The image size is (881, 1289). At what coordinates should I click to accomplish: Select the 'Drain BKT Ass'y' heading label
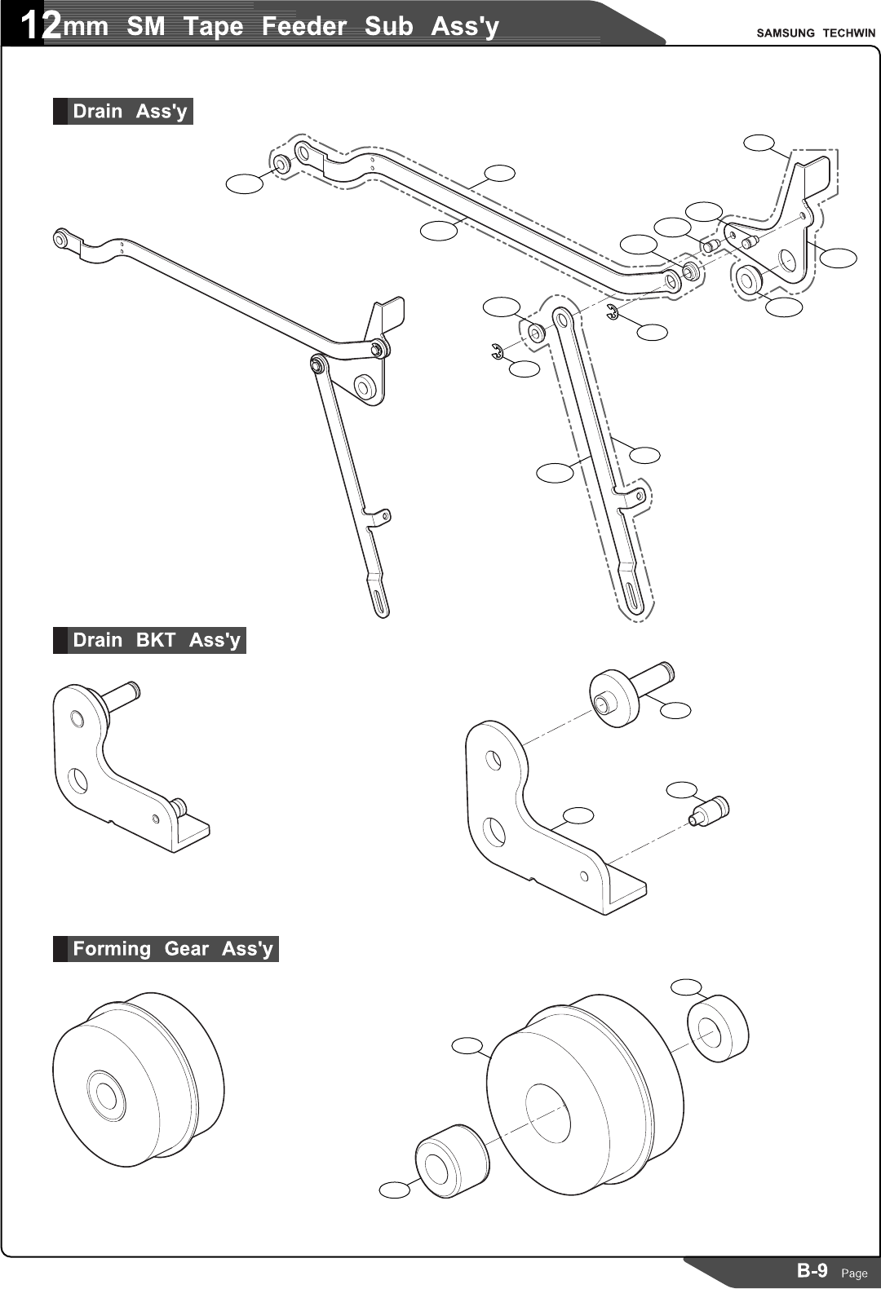pos(156,640)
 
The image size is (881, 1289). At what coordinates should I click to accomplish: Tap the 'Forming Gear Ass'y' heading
pos(172,948)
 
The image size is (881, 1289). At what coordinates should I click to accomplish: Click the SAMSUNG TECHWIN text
pos(815,33)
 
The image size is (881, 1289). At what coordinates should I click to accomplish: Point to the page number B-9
pos(812,1269)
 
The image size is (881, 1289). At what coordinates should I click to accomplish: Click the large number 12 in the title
pos(39,26)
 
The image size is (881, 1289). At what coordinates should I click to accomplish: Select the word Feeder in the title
pos(303,26)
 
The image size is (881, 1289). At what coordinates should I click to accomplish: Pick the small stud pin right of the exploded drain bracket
pos(709,810)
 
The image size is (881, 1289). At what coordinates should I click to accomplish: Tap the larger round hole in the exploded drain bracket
pos(493,831)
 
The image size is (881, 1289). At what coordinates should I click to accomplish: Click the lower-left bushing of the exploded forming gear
pos(452,1161)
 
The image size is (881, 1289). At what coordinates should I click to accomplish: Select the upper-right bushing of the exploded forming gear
pos(718,1028)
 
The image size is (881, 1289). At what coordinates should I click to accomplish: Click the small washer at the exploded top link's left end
pos(280,164)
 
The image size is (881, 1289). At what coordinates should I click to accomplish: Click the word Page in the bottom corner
pos(854,1273)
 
